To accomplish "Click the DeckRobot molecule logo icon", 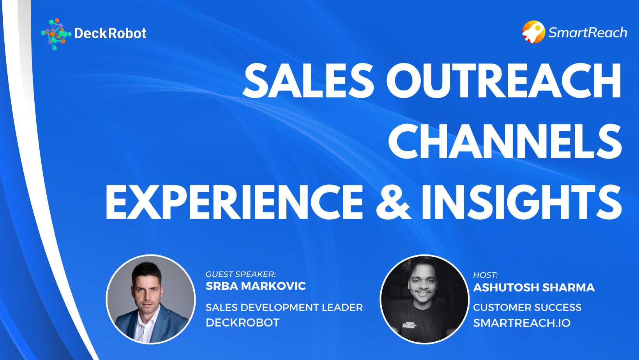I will (55, 34).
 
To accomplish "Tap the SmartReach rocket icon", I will (533, 32).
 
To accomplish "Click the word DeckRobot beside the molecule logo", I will (110, 34).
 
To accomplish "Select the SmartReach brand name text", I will (588, 33).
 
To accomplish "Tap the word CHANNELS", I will (505, 141).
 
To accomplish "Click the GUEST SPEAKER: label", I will (240, 274).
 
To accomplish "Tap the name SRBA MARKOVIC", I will (256, 286).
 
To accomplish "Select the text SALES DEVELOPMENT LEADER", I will (284, 307).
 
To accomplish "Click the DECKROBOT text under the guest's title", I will (242, 323).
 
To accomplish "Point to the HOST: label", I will (485, 275).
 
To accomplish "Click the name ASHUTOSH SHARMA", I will (534, 288).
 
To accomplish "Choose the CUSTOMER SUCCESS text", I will (527, 307).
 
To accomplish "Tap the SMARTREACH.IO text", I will (522, 323).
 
